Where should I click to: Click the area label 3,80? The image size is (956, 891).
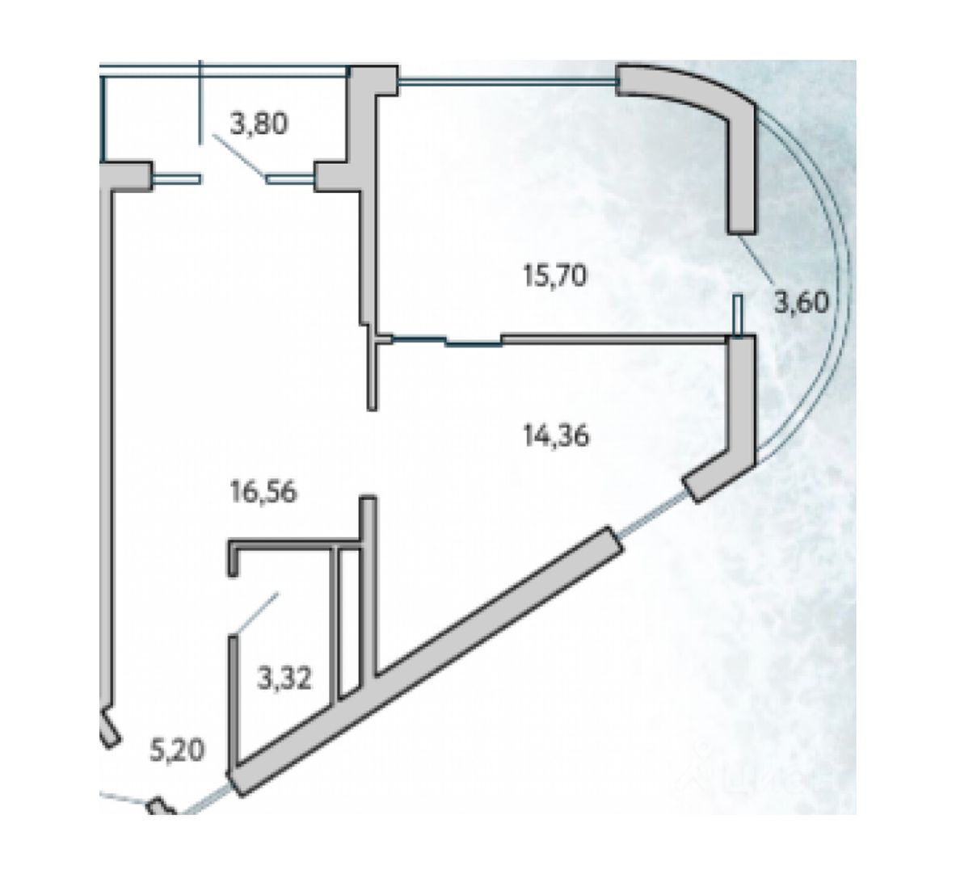tap(259, 124)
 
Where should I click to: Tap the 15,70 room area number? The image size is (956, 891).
tap(555, 275)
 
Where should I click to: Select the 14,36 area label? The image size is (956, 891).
tap(557, 435)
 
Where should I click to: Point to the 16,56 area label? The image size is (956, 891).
tap(264, 491)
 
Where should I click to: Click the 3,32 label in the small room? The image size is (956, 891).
tap(284, 679)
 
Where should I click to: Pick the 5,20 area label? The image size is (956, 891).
tap(177, 750)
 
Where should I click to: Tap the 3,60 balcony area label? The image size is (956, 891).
tap(802, 301)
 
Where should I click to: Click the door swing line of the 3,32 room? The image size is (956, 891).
tap(255, 613)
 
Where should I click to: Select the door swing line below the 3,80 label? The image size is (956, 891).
tap(239, 158)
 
